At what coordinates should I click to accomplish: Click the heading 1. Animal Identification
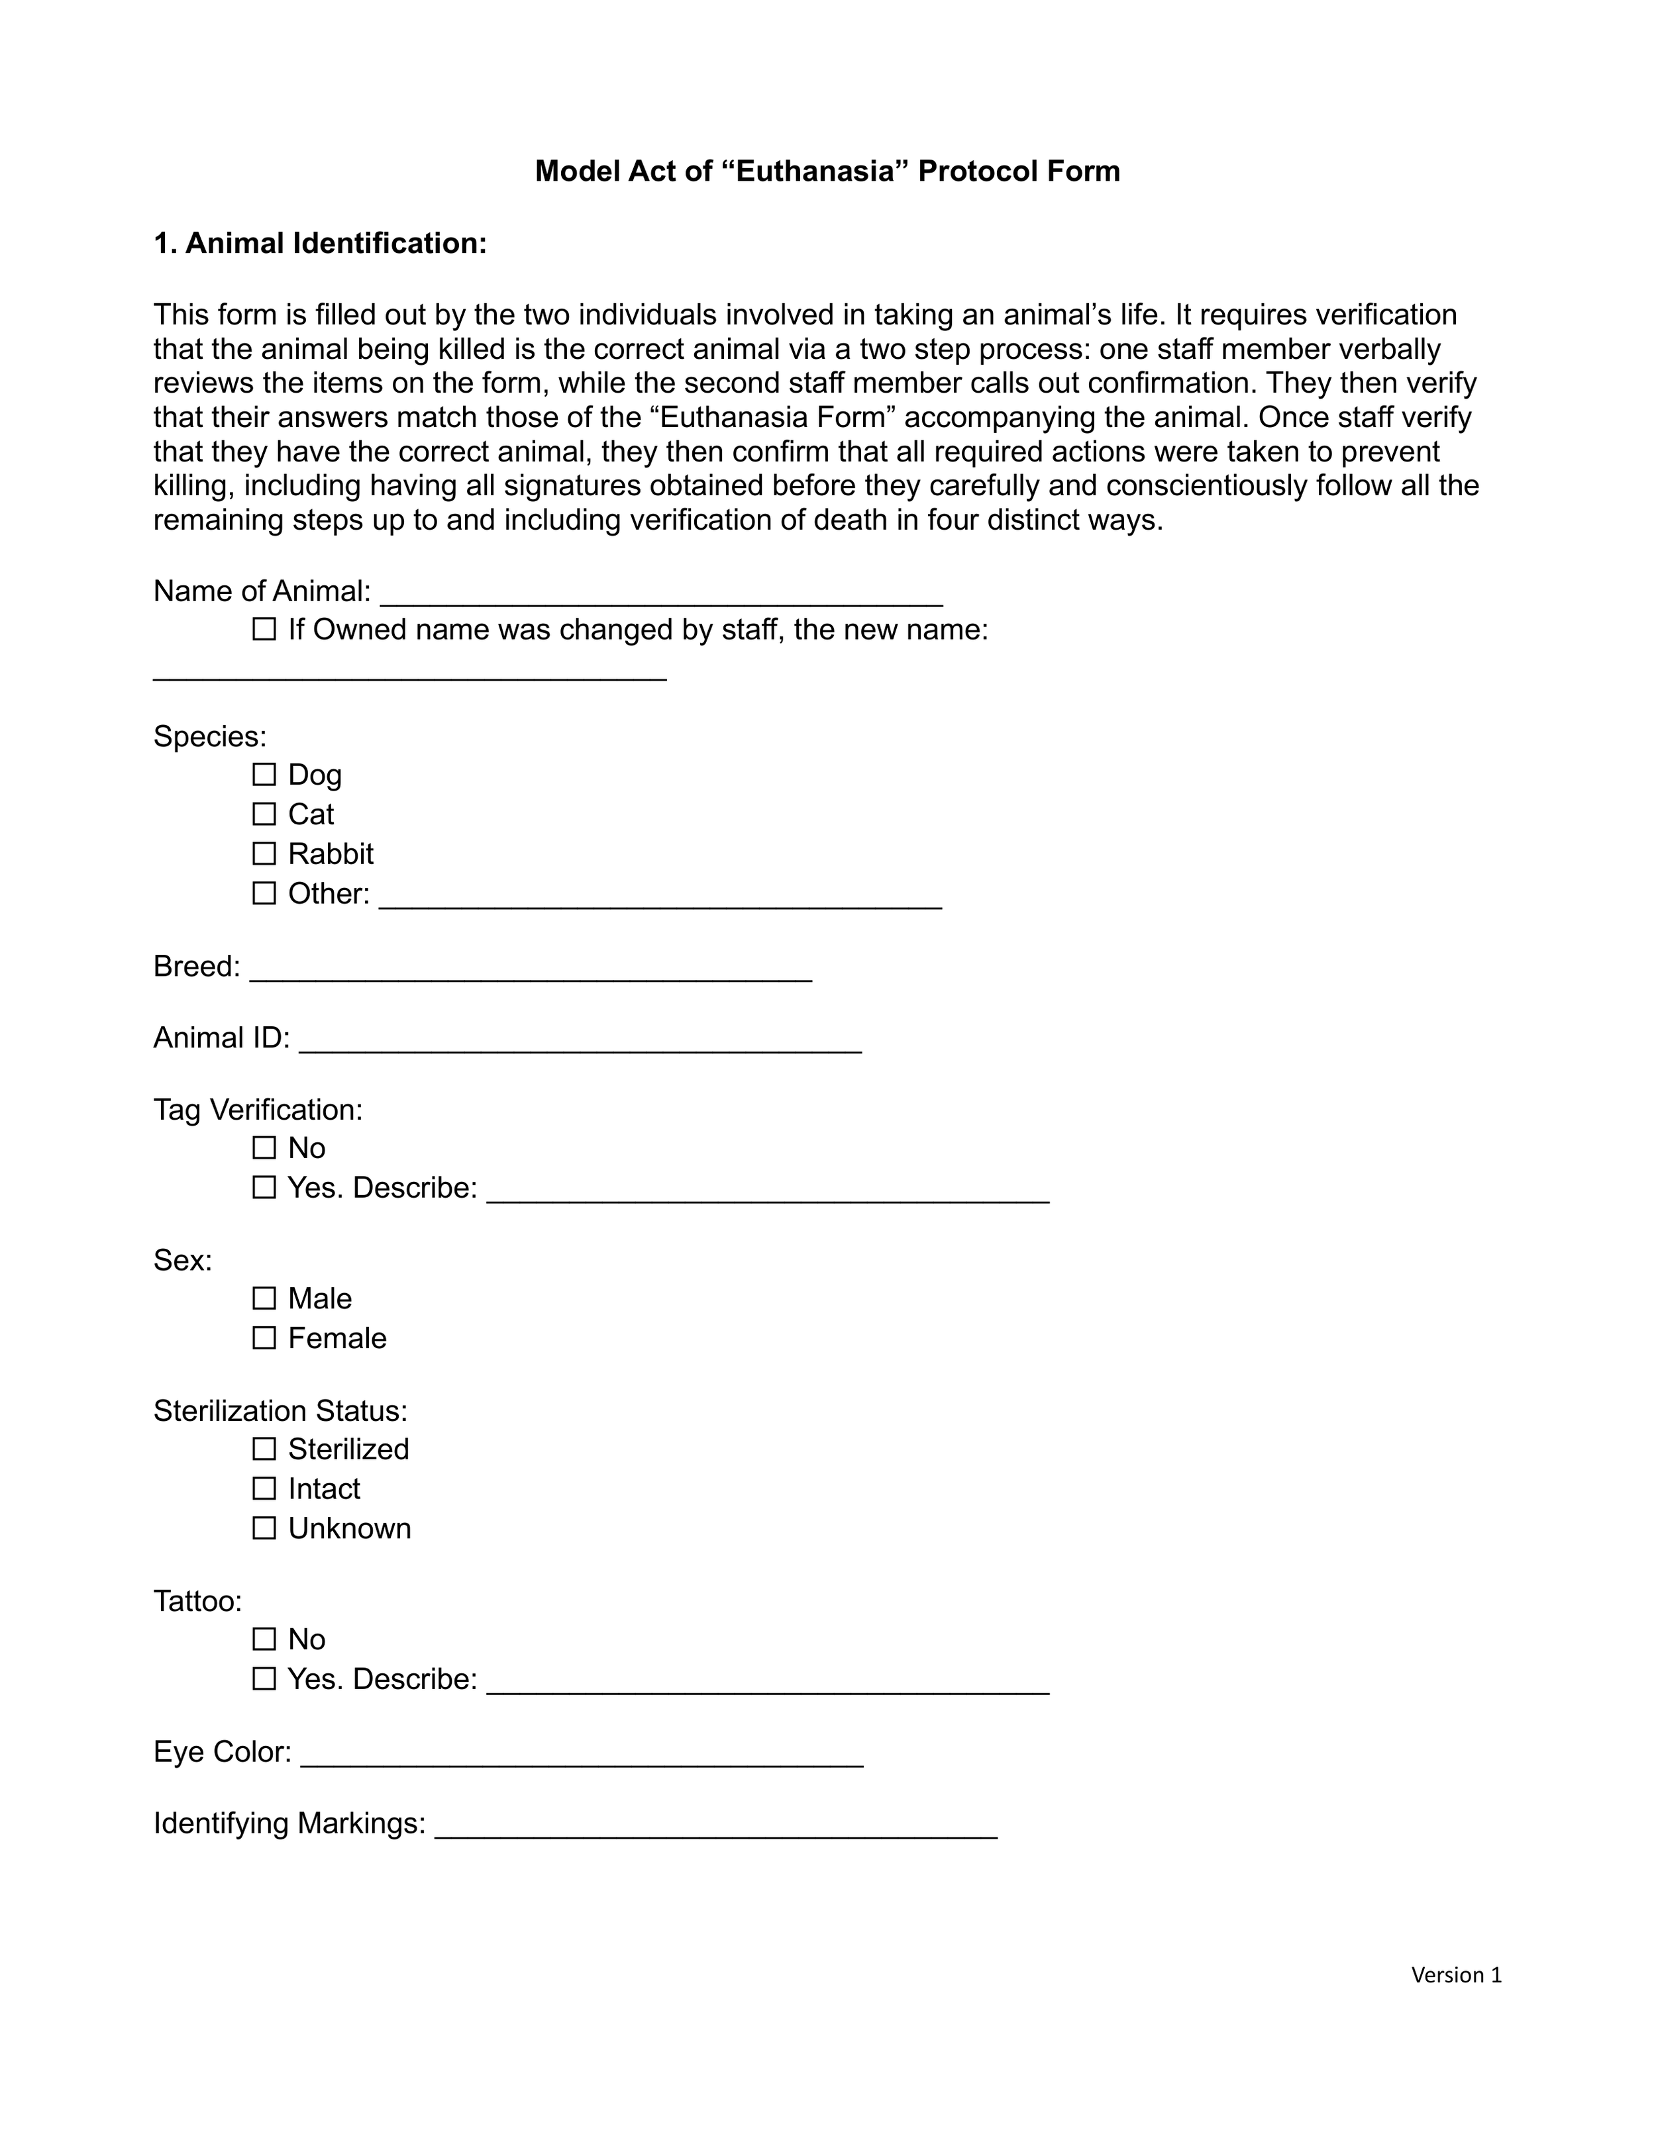(x=320, y=243)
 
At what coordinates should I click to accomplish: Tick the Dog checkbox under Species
(x=264, y=775)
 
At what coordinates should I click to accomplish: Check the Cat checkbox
(x=264, y=814)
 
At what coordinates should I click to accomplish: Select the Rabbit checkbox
(x=264, y=853)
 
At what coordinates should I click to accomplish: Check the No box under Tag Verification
(x=264, y=1147)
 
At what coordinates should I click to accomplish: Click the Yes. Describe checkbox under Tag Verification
(x=264, y=1188)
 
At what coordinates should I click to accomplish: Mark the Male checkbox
(x=264, y=1298)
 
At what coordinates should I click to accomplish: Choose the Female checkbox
(x=264, y=1338)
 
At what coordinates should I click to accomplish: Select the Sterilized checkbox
(x=264, y=1449)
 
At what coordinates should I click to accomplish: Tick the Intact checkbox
(x=264, y=1489)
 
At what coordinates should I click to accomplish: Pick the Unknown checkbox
(x=264, y=1528)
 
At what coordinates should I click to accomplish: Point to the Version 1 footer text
(x=1456, y=1974)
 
